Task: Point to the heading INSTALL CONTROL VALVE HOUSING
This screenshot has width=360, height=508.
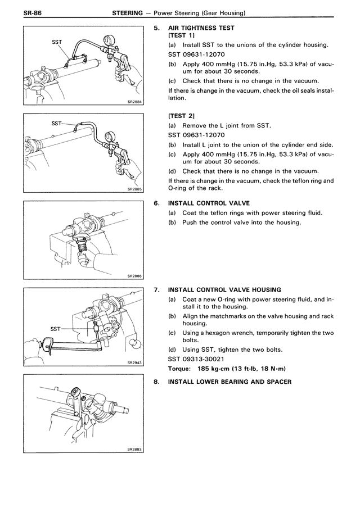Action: pos(220,290)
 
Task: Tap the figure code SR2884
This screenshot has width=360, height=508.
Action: pos(135,102)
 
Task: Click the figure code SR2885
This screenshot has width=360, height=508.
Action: pos(135,190)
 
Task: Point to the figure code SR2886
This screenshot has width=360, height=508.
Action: pos(135,277)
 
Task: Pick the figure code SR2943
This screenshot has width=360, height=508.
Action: pos(135,364)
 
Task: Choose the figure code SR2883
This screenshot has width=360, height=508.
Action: pos(135,450)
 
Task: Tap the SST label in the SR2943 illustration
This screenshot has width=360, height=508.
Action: pos(55,329)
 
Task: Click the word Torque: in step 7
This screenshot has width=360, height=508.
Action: pos(179,369)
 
